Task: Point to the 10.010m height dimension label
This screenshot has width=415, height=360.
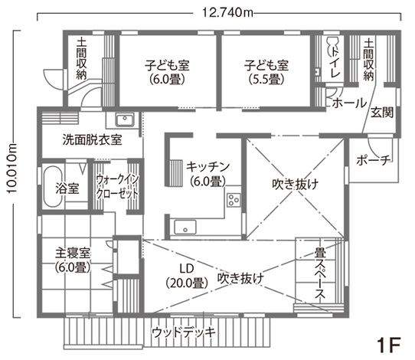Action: pos(11,169)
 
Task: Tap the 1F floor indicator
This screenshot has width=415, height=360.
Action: pos(388,345)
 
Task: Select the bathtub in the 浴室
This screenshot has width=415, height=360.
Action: pos(53,186)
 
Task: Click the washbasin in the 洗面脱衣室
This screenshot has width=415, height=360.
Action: pos(124,119)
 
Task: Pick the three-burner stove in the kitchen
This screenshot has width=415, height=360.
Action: pos(234,199)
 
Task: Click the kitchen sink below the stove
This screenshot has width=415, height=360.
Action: pos(185,227)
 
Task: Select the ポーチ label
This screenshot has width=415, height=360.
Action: pos(373,160)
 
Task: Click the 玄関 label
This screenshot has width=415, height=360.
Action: pos(381,113)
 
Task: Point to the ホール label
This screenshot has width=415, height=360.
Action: pos(349,103)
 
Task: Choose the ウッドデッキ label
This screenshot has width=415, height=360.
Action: pos(184,332)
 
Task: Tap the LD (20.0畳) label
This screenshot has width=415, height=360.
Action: pos(187,276)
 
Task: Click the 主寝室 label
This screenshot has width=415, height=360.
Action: pos(73,254)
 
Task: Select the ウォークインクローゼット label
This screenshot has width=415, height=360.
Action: pos(117,187)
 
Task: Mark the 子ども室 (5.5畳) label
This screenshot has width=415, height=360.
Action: pos(266,72)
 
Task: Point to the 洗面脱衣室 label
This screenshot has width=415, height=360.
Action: pos(93,140)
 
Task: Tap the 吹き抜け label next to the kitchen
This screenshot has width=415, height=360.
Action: pos(296,185)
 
